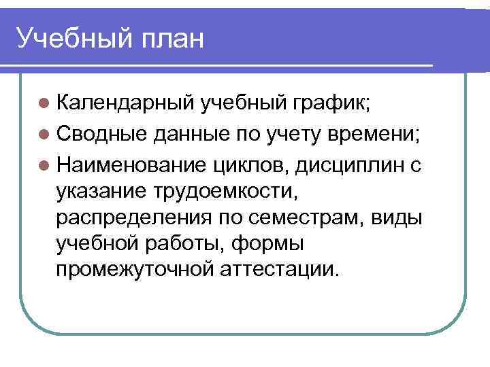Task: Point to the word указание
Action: point(101,192)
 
